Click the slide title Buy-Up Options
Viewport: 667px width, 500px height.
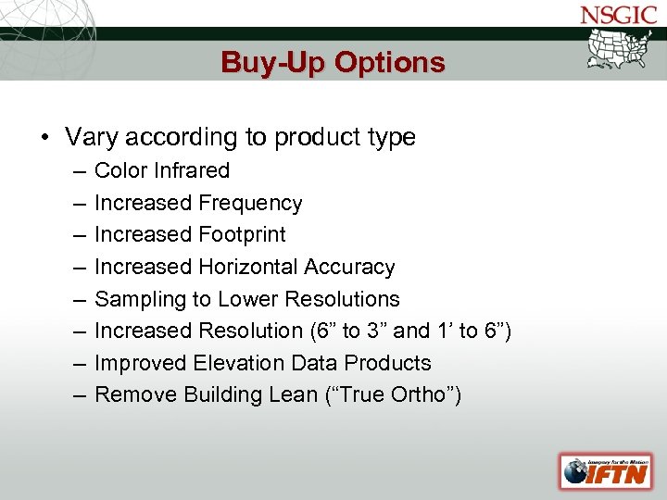(333, 62)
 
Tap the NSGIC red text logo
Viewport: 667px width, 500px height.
(617, 15)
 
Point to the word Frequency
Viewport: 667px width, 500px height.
(250, 203)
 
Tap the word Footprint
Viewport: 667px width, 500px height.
(242, 234)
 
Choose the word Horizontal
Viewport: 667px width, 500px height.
(243, 267)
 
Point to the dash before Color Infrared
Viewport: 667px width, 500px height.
(74, 170)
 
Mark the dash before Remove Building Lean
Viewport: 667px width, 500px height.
(74, 394)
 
